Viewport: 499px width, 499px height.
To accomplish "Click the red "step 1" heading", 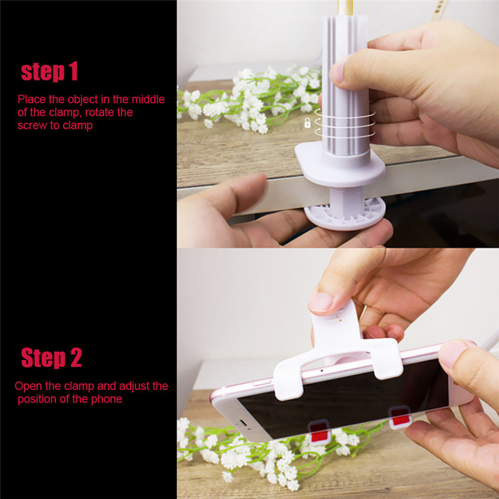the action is click(49, 72).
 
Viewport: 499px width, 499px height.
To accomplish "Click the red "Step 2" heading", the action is click(51, 357).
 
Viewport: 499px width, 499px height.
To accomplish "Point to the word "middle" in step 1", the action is click(148, 99).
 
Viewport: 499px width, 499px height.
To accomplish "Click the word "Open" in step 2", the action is click(28, 386).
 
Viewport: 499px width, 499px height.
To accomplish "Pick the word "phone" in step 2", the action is click(107, 399).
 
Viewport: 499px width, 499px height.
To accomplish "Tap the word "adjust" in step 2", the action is click(133, 386).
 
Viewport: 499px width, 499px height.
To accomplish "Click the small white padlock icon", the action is click(307, 123).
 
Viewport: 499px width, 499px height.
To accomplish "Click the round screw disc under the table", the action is click(345, 213).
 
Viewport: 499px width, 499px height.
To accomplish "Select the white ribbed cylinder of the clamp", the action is click(346, 85).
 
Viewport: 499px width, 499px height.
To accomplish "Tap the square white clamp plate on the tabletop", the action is click(340, 165).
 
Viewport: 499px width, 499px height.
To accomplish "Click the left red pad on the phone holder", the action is click(319, 432).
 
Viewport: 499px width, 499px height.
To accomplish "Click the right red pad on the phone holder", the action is click(400, 417).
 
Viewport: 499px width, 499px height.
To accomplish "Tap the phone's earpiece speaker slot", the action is click(243, 424).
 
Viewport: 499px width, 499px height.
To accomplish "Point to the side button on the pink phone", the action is click(262, 383).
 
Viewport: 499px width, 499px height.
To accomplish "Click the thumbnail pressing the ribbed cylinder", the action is click(339, 70).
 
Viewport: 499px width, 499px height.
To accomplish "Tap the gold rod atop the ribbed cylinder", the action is click(346, 7).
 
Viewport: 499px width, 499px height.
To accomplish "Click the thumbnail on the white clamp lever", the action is click(321, 302).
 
